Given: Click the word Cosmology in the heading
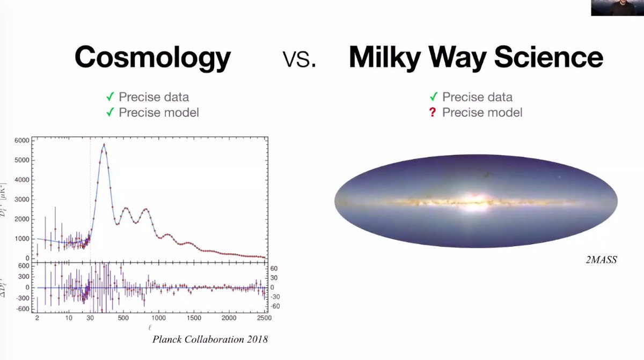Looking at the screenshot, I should (x=152, y=57).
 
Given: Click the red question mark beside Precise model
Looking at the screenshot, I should (x=434, y=112).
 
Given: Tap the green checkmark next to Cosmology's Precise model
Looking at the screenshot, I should (x=109, y=112).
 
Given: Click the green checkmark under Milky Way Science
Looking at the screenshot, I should (x=434, y=97).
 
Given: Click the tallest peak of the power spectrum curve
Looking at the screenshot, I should (x=104, y=145).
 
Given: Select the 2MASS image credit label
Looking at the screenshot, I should (x=602, y=260).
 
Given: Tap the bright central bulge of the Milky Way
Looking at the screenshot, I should (x=473, y=201).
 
